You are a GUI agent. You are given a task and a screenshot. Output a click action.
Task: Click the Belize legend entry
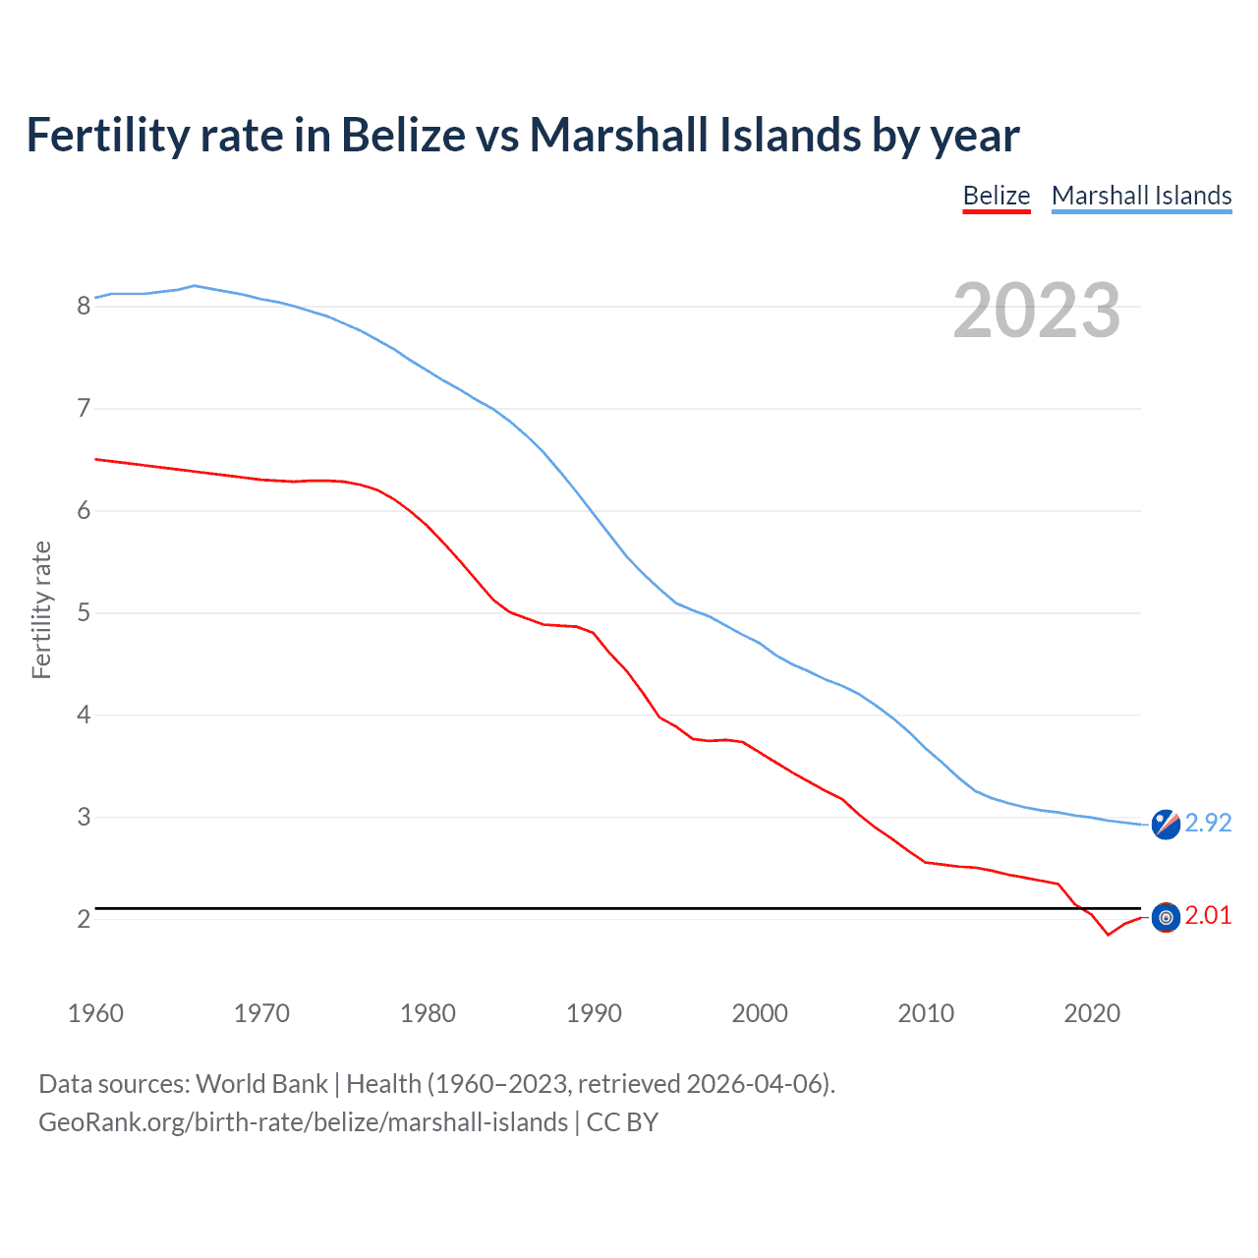[x=996, y=196]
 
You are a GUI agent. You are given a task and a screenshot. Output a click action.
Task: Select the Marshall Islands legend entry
[x=1141, y=196]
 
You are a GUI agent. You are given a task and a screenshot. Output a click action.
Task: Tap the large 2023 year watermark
[x=1036, y=311]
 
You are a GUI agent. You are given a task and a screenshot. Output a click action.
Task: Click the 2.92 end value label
[x=1208, y=823]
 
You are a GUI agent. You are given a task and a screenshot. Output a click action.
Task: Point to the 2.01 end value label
[x=1208, y=915]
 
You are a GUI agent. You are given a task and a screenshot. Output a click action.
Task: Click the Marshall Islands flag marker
[x=1166, y=824]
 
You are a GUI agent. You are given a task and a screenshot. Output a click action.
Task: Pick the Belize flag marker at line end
[x=1166, y=917]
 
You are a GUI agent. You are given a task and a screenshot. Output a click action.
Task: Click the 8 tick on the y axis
[x=84, y=306]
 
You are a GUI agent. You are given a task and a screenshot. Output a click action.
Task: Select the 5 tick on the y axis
[x=84, y=613]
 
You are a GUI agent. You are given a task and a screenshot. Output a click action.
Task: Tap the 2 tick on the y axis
[x=84, y=919]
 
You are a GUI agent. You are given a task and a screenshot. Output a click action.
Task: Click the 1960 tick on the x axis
[x=95, y=1013]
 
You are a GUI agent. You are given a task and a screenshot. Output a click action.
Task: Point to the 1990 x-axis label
[x=594, y=1013]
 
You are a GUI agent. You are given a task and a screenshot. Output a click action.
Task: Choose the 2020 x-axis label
[x=1092, y=1013]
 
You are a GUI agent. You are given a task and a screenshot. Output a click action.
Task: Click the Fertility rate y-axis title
[x=41, y=609]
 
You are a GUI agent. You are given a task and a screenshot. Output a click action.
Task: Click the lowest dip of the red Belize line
[x=1108, y=934]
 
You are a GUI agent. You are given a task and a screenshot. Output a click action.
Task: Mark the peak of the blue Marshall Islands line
[x=194, y=285]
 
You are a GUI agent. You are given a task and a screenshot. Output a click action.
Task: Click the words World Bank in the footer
[x=261, y=1084]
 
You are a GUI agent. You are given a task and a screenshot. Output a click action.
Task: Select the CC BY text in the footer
[x=622, y=1122]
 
